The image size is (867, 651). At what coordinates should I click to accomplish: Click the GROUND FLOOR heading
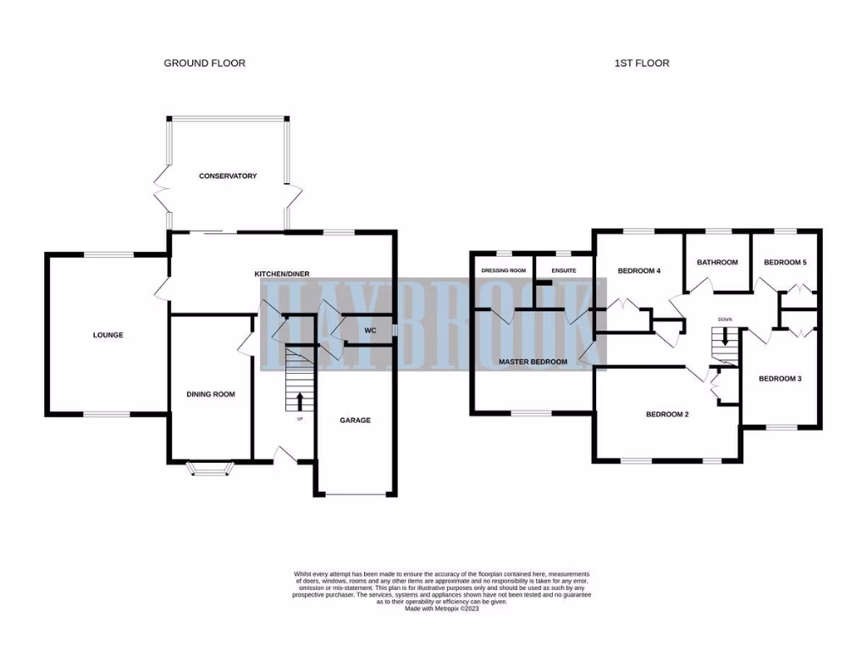tap(205, 63)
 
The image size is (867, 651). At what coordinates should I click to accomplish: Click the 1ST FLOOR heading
tap(642, 63)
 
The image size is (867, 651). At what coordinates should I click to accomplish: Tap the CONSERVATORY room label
tap(228, 176)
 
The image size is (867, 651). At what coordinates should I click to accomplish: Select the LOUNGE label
tap(108, 335)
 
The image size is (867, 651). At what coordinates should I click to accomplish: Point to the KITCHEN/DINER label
tap(282, 274)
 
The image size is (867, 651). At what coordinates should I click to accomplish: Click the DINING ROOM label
tap(211, 394)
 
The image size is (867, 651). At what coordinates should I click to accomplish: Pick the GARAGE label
tap(356, 420)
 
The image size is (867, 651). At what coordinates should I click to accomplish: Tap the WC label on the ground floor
tap(370, 331)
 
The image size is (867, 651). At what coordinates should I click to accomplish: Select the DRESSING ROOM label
tap(504, 271)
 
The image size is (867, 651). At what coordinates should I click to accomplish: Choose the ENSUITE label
tap(564, 271)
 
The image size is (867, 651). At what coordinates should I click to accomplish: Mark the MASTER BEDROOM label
tap(533, 362)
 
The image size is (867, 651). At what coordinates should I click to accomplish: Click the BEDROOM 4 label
tap(639, 271)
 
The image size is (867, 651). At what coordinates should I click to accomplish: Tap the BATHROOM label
tap(718, 263)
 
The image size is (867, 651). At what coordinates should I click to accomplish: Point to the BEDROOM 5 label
tap(786, 263)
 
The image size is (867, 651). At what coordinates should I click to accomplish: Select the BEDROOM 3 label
tap(780, 379)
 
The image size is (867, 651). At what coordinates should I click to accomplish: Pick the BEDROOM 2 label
tap(667, 415)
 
